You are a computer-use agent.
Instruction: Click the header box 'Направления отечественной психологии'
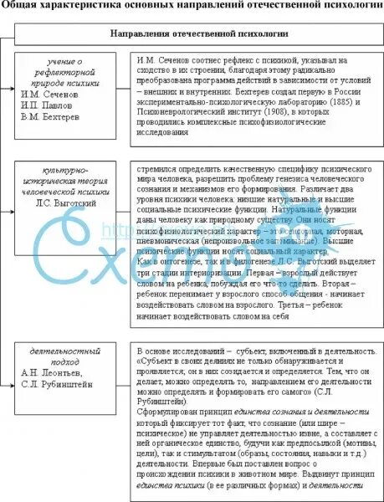pyautogui.click(x=198, y=34)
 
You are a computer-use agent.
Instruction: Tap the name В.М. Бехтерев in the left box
pyautogui.click(x=54, y=118)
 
